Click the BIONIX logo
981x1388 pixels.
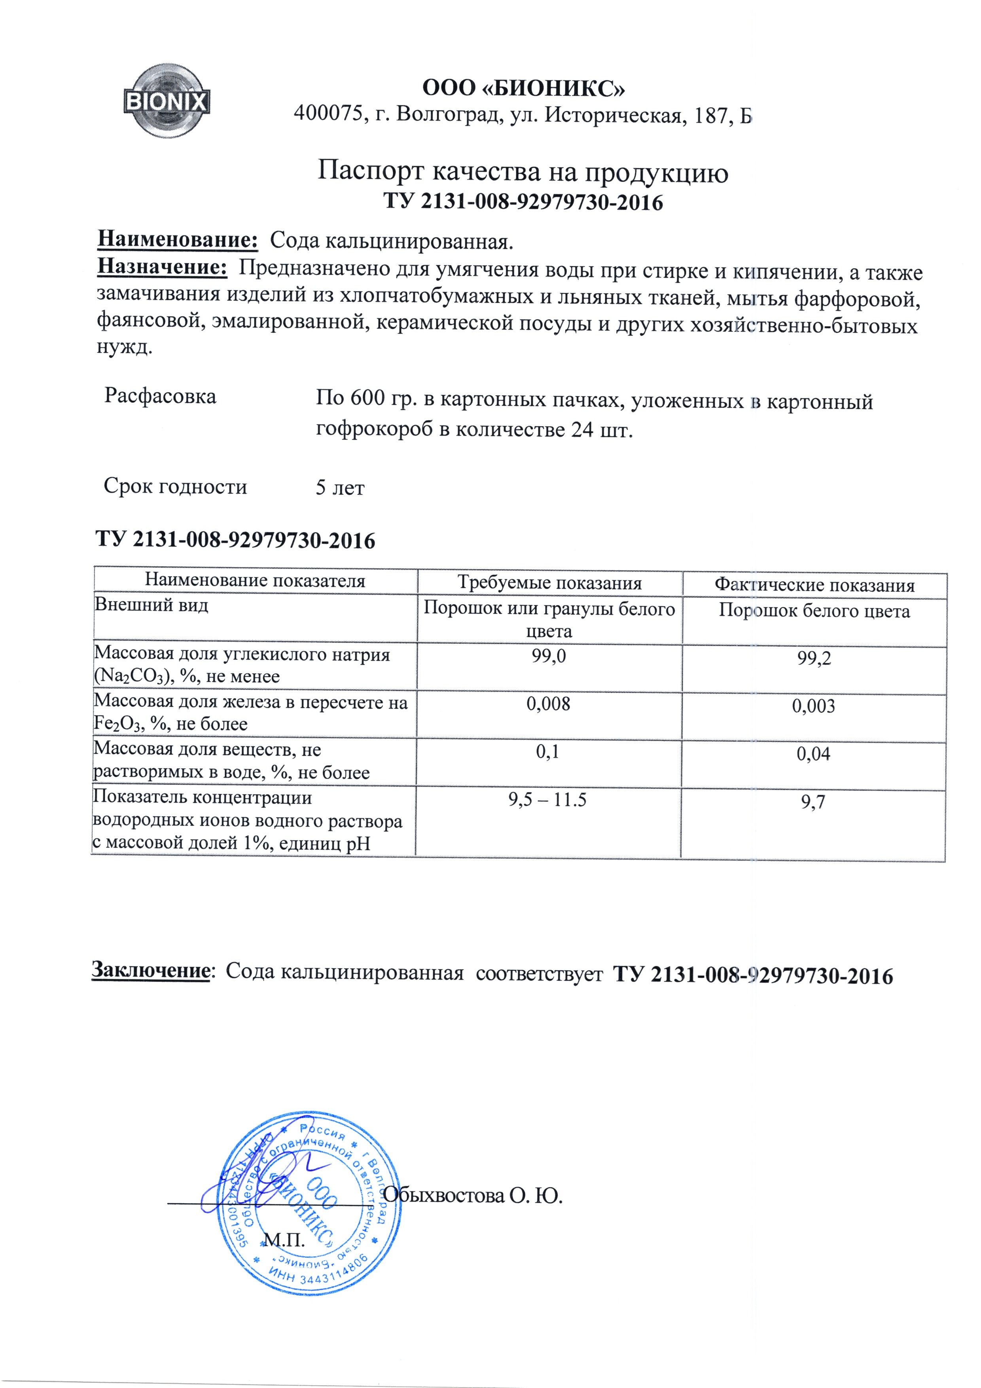click(167, 101)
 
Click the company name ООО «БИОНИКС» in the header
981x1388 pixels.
click(523, 88)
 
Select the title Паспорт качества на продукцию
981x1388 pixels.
click(523, 173)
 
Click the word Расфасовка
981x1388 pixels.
click(160, 396)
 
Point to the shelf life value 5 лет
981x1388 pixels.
click(340, 487)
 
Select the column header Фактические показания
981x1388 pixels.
click(814, 584)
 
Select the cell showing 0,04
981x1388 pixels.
click(814, 754)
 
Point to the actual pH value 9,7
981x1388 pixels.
click(814, 803)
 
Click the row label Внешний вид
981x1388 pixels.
click(151, 605)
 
